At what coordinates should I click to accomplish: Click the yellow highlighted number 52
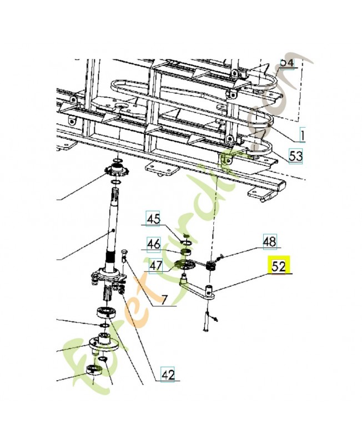[x=279, y=266]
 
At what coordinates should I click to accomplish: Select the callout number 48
[x=269, y=241]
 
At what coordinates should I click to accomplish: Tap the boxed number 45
[x=153, y=220]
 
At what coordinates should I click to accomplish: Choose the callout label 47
[x=155, y=265]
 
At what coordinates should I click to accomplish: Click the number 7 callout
[x=164, y=301]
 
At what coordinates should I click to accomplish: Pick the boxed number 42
[x=168, y=375]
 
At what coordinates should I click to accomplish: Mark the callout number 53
[x=295, y=155]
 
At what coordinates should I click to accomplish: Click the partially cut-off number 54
[x=286, y=62]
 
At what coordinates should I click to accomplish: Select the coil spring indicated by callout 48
[x=211, y=266]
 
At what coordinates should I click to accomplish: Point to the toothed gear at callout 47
[x=184, y=265]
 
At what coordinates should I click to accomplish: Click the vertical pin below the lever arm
[x=207, y=321]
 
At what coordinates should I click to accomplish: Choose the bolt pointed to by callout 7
[x=124, y=258]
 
